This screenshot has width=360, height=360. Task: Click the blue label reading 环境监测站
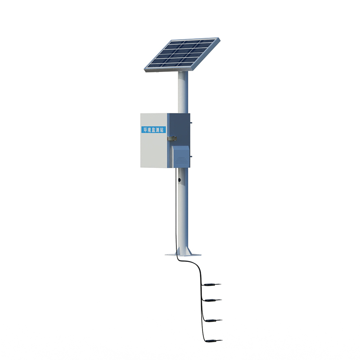coord(153,130)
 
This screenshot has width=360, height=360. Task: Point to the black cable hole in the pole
coord(180,180)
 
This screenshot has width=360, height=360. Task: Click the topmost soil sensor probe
coord(211,284)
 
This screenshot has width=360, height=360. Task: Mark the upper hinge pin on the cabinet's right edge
coord(190,121)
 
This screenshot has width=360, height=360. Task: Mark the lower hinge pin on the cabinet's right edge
coord(190,157)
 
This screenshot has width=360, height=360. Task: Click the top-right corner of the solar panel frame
coord(219,39)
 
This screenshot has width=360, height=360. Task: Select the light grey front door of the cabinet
coord(153,148)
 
